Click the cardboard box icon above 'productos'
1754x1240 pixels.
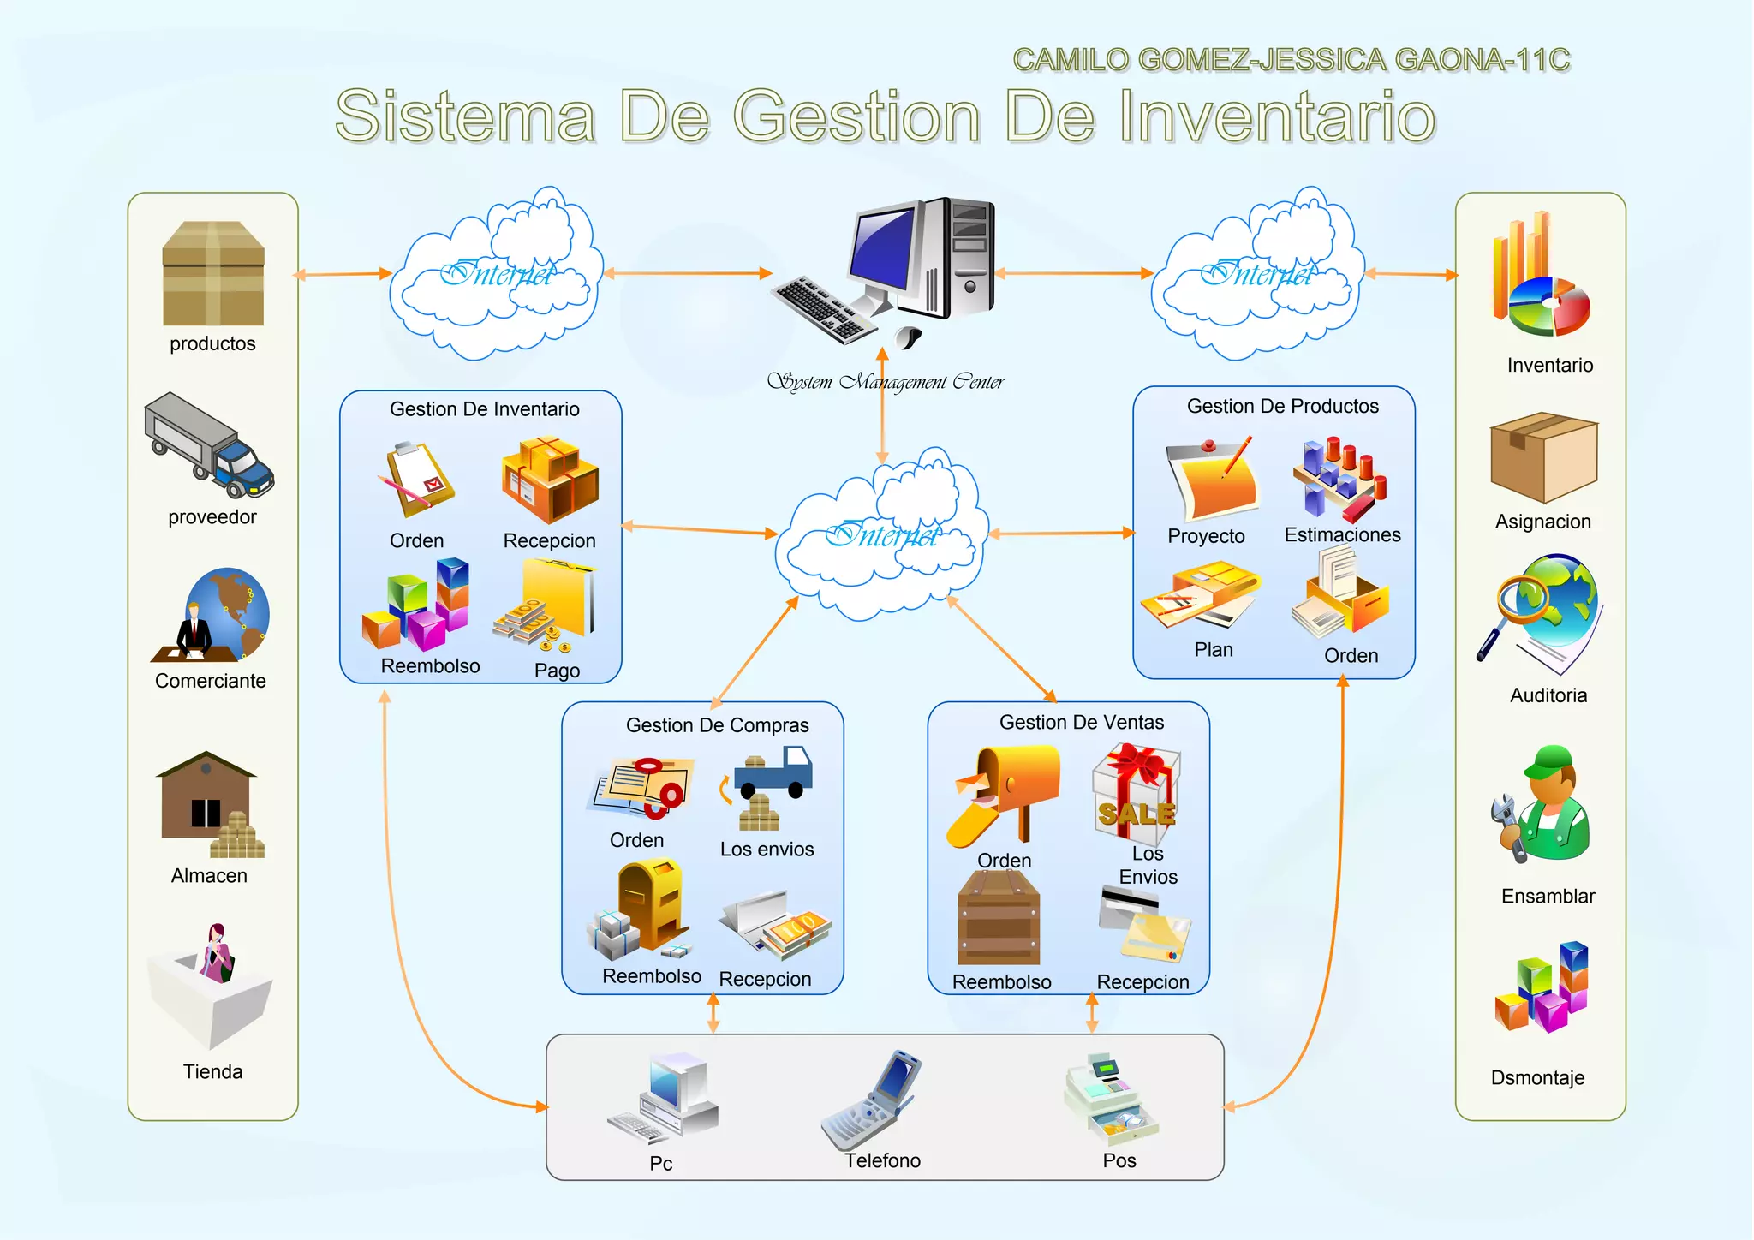pos(213,273)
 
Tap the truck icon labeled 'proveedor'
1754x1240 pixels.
pos(209,446)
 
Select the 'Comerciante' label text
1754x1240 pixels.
pos(211,681)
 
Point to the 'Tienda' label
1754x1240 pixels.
pos(212,1071)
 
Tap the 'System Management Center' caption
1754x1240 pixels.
pos(886,382)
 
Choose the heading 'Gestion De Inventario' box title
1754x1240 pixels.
pos(485,409)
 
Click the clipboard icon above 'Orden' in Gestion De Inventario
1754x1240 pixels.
pos(417,479)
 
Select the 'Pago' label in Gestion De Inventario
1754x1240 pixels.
pos(557,671)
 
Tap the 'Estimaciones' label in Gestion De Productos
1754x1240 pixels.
pos(1342,535)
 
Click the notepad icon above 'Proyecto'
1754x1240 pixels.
pos(1211,479)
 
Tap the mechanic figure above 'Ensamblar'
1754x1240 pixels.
pos(1546,805)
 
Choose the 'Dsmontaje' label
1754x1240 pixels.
pos(1537,1078)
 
